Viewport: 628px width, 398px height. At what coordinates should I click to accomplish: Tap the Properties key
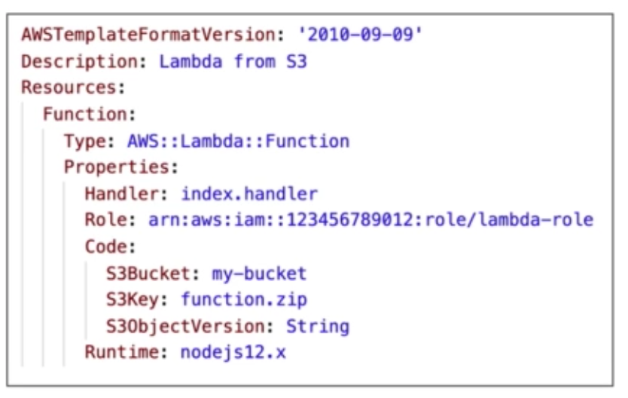point(119,167)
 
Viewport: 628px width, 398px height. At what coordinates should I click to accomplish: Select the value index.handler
point(248,194)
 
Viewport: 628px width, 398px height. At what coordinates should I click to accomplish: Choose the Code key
point(108,246)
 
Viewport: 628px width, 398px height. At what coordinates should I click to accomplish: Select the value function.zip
point(243,299)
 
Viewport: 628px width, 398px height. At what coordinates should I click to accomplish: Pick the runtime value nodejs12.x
point(233,352)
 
